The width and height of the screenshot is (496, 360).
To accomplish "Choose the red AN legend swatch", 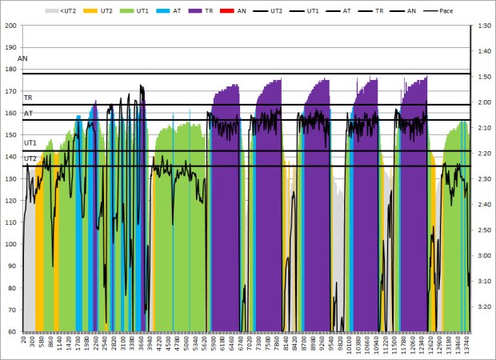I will coord(233,12).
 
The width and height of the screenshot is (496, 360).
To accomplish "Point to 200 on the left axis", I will coord(11,26).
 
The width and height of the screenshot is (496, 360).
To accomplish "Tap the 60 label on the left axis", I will coord(13,331).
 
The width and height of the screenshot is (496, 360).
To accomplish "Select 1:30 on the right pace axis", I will coord(482,26).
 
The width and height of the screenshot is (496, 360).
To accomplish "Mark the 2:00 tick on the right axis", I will coord(482,102).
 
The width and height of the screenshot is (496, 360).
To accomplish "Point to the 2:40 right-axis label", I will coord(482,204).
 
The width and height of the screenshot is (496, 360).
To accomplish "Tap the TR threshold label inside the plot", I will coord(28,98).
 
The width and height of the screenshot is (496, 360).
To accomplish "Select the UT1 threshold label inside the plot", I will coord(30,142).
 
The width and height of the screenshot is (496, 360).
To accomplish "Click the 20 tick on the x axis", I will coord(25,341).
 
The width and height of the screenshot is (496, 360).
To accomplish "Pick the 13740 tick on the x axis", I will coord(467,345).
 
